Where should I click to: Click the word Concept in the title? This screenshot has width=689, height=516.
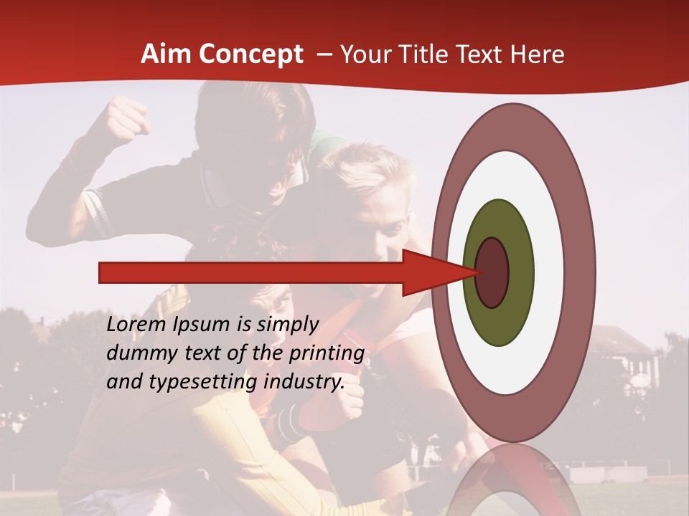tap(251, 54)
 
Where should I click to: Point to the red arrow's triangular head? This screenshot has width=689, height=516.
tap(431, 272)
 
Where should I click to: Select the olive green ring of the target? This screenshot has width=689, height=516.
tap(500, 315)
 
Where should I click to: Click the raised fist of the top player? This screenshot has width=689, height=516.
tap(128, 118)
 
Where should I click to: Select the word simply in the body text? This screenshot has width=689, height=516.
tap(287, 325)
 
